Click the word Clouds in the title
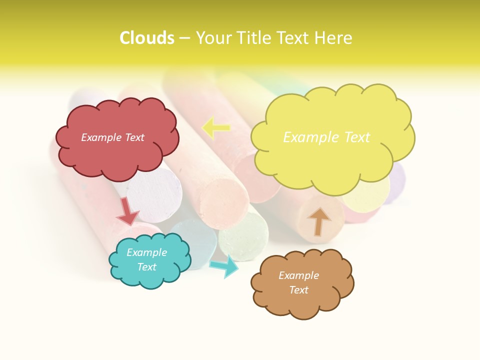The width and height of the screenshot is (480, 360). pyautogui.click(x=146, y=38)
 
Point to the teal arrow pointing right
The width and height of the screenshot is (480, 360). pyautogui.click(x=224, y=266)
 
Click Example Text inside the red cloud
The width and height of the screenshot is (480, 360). pyautogui.click(x=112, y=137)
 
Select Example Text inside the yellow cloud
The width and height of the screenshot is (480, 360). pyautogui.click(x=326, y=137)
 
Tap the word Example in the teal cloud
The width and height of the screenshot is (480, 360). pyautogui.click(x=146, y=252)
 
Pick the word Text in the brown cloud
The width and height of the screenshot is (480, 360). pyautogui.click(x=298, y=290)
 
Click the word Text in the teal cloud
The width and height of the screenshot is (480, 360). pyautogui.click(x=146, y=267)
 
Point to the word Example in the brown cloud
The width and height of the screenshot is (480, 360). pyautogui.click(x=298, y=275)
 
